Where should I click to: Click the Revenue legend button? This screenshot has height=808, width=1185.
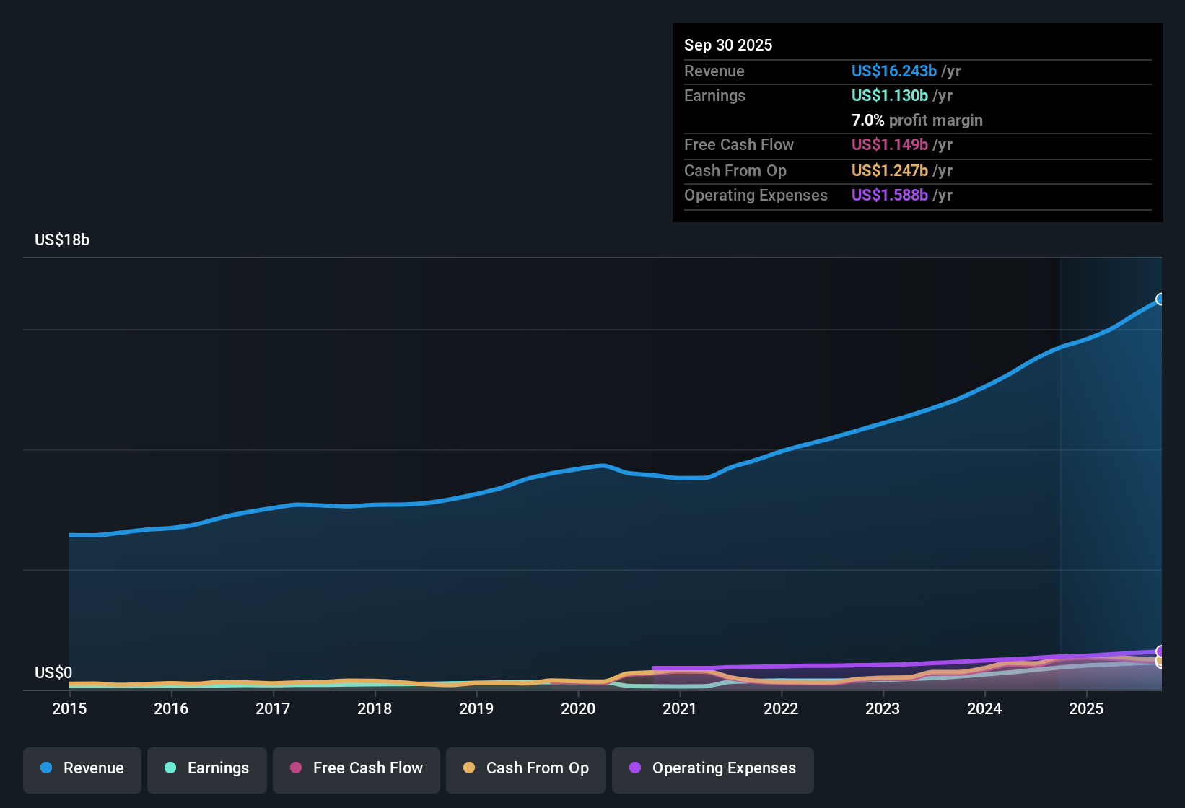pyautogui.click(x=82, y=768)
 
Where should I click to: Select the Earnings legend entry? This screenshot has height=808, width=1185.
pyautogui.click(x=207, y=768)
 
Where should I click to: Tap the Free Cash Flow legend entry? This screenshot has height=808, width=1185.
pyautogui.click(x=357, y=768)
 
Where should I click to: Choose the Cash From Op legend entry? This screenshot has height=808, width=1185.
pyautogui.click(x=526, y=768)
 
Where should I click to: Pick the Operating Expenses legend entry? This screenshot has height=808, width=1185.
pyautogui.click(x=713, y=768)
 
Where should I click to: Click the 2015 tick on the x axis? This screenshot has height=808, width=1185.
pyautogui.click(x=69, y=708)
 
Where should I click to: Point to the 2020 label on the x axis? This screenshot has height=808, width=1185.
pyautogui.click(x=578, y=708)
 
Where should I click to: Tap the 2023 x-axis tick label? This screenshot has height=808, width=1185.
pyautogui.click(x=883, y=708)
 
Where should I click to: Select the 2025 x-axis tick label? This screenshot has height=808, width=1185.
pyautogui.click(x=1086, y=708)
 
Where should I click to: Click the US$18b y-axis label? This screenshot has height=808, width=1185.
pyautogui.click(x=62, y=240)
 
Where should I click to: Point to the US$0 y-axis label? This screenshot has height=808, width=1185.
pyautogui.click(x=53, y=673)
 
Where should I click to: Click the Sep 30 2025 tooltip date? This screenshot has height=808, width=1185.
pyautogui.click(x=728, y=45)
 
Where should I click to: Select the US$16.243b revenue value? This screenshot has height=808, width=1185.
pyautogui.click(x=893, y=71)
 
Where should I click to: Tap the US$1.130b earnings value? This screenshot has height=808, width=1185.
pyautogui.click(x=889, y=95)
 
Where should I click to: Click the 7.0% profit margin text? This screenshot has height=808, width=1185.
pyautogui.click(x=917, y=120)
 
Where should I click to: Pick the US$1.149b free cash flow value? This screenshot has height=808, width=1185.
pyautogui.click(x=889, y=144)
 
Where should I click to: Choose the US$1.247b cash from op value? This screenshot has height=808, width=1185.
pyautogui.click(x=889, y=170)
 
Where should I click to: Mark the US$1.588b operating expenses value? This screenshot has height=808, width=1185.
pyautogui.click(x=889, y=195)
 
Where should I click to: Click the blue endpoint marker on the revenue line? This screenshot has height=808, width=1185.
pyautogui.click(x=1160, y=299)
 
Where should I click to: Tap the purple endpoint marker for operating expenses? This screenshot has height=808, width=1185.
pyautogui.click(x=1160, y=651)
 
